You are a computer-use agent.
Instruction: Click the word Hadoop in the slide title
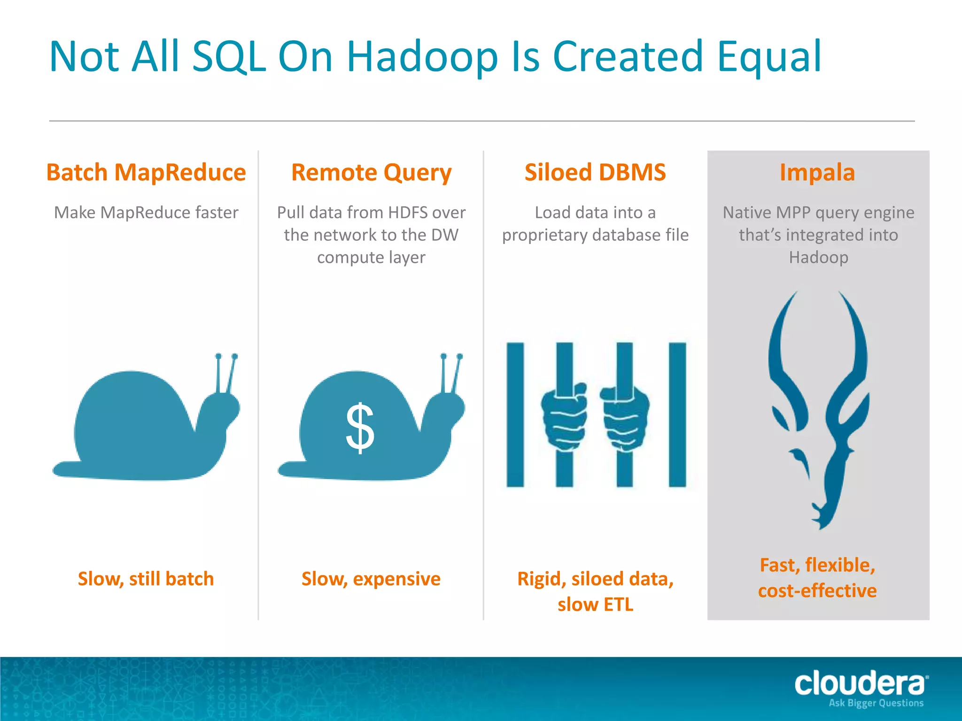421,57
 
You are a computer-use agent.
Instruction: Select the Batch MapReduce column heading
146,172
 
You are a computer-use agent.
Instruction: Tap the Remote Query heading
371,172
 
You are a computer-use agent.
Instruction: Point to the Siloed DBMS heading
595,172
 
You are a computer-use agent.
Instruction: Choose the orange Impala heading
817,172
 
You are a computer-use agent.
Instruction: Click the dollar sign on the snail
360,428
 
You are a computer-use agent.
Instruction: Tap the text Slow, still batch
146,579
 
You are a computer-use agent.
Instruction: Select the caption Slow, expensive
371,579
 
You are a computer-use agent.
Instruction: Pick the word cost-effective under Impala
817,591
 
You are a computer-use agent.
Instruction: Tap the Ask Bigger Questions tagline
876,703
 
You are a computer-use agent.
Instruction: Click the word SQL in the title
229,57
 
